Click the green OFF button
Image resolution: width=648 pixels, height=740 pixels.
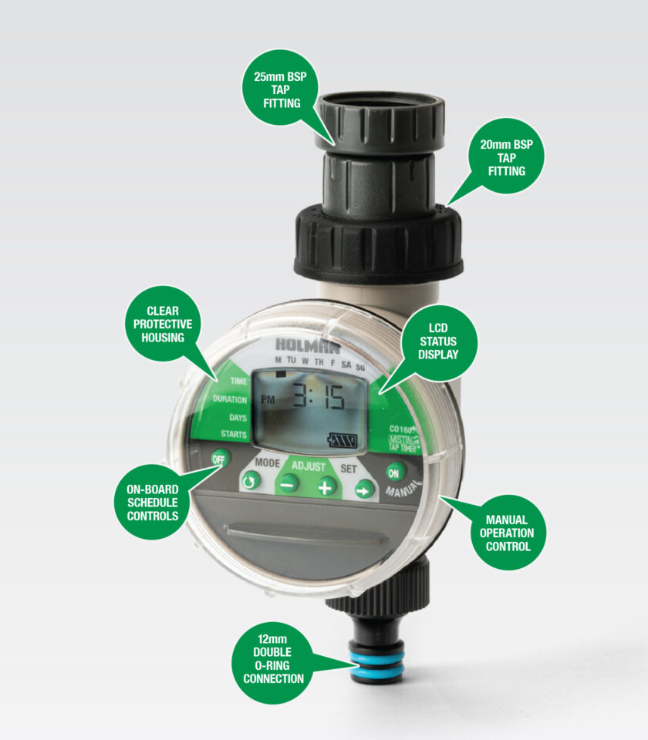coord(221,458)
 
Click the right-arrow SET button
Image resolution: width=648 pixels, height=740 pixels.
coord(364,488)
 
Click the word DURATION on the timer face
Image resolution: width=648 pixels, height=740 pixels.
coord(230,399)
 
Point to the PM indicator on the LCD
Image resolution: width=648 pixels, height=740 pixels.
coord(268,399)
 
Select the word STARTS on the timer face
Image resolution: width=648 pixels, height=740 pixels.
coord(234,435)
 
